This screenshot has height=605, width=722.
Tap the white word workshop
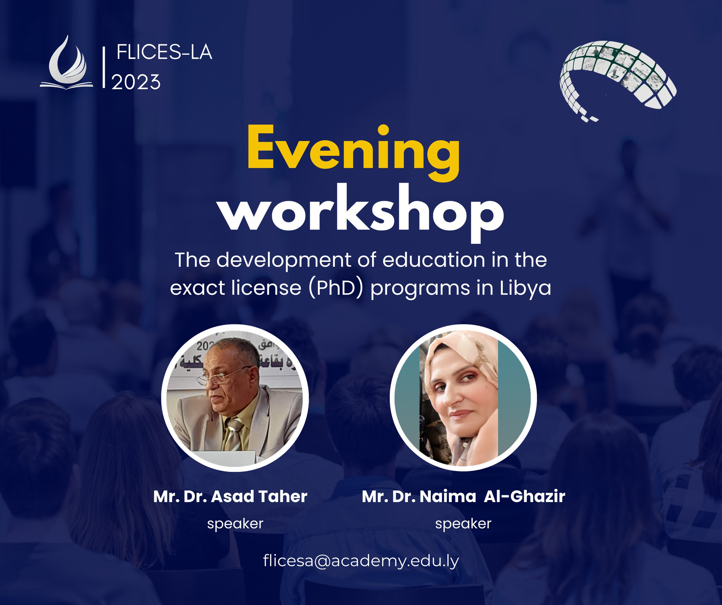[362, 214]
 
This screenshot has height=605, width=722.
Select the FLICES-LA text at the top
[164, 53]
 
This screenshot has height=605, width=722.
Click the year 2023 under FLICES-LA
[136, 82]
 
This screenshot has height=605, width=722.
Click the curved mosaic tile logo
[618, 79]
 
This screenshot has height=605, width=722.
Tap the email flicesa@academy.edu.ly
[361, 561]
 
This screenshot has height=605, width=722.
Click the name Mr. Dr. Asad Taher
[230, 496]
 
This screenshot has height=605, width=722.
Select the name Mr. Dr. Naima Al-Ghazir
[464, 496]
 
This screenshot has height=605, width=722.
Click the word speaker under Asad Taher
[235, 524]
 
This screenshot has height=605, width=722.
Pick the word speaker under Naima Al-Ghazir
[463, 524]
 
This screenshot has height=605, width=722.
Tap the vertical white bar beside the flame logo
[104, 67]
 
